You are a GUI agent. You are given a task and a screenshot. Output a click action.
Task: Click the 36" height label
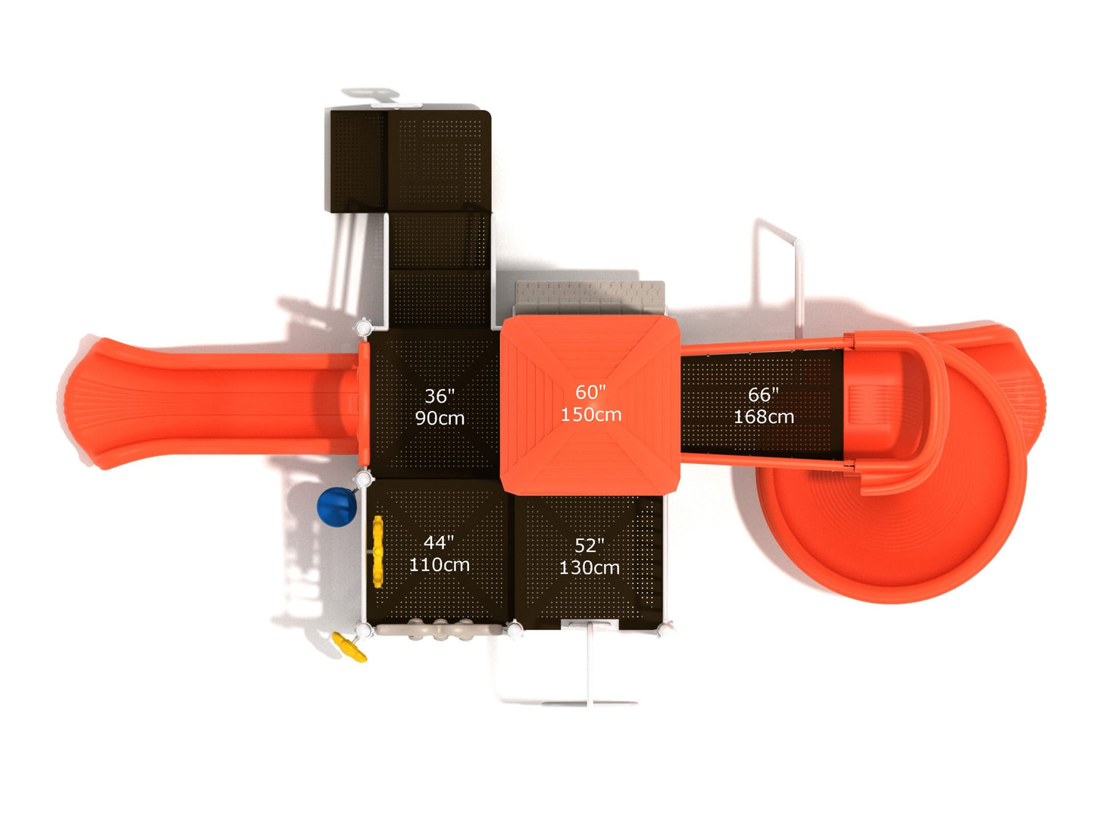440,396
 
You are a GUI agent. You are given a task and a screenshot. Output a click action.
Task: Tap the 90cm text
440,418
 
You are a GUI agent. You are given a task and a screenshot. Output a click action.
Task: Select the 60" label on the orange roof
590,392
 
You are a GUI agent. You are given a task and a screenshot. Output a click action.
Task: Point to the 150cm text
590,414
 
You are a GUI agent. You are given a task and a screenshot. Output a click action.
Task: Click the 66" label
763,394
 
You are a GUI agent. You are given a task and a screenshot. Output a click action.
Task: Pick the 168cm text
763,417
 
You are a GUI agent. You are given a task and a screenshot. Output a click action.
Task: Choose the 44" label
439,542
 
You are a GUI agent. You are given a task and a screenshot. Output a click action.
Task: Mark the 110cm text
439,564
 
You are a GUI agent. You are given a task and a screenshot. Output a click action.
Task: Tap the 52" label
589,545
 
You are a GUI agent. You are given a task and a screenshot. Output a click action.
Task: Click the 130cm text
589,567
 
